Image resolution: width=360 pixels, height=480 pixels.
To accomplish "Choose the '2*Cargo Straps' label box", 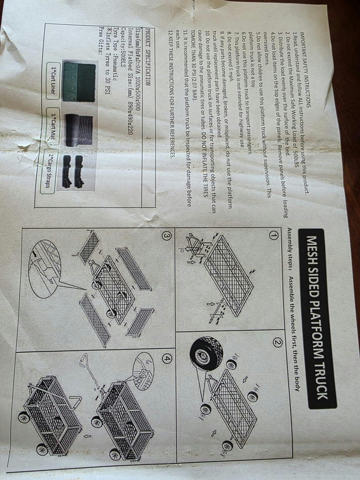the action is pos(47,171).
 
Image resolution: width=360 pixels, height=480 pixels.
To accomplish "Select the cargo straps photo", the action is pos(72,171).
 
